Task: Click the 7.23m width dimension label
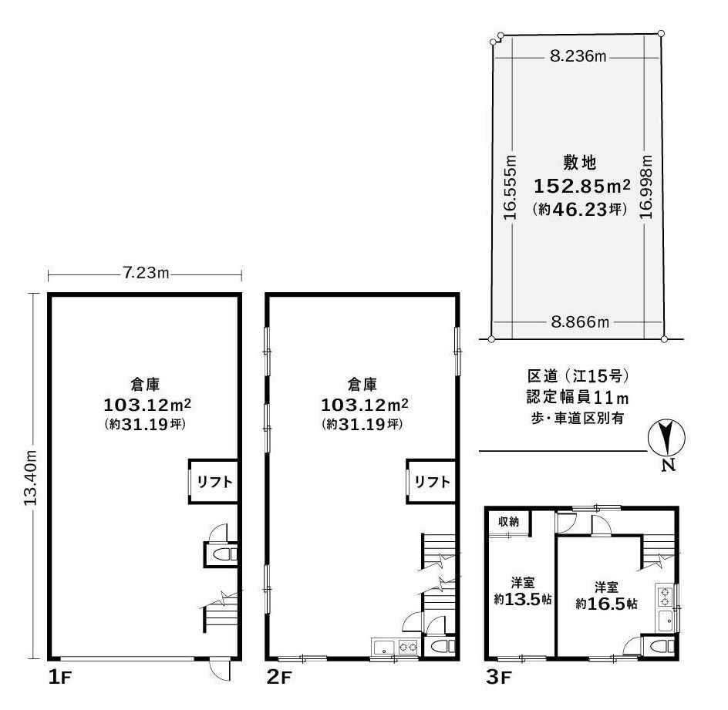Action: tap(146, 272)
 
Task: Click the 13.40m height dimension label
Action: tap(31, 478)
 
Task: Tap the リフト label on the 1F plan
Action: tap(214, 482)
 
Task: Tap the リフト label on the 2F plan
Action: tap(432, 482)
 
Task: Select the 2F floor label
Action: tap(279, 678)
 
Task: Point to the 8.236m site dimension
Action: tap(578, 56)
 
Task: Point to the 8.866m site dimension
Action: tap(580, 321)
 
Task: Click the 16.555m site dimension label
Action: tap(511, 187)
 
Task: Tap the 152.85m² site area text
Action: tap(581, 186)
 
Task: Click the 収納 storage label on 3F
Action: tap(508, 522)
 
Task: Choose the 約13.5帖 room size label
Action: tap(523, 599)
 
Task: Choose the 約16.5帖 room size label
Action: tap(606, 604)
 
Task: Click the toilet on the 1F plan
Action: tap(222, 554)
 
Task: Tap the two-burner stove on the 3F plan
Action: tap(665, 597)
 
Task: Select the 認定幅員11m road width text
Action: tap(578, 397)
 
